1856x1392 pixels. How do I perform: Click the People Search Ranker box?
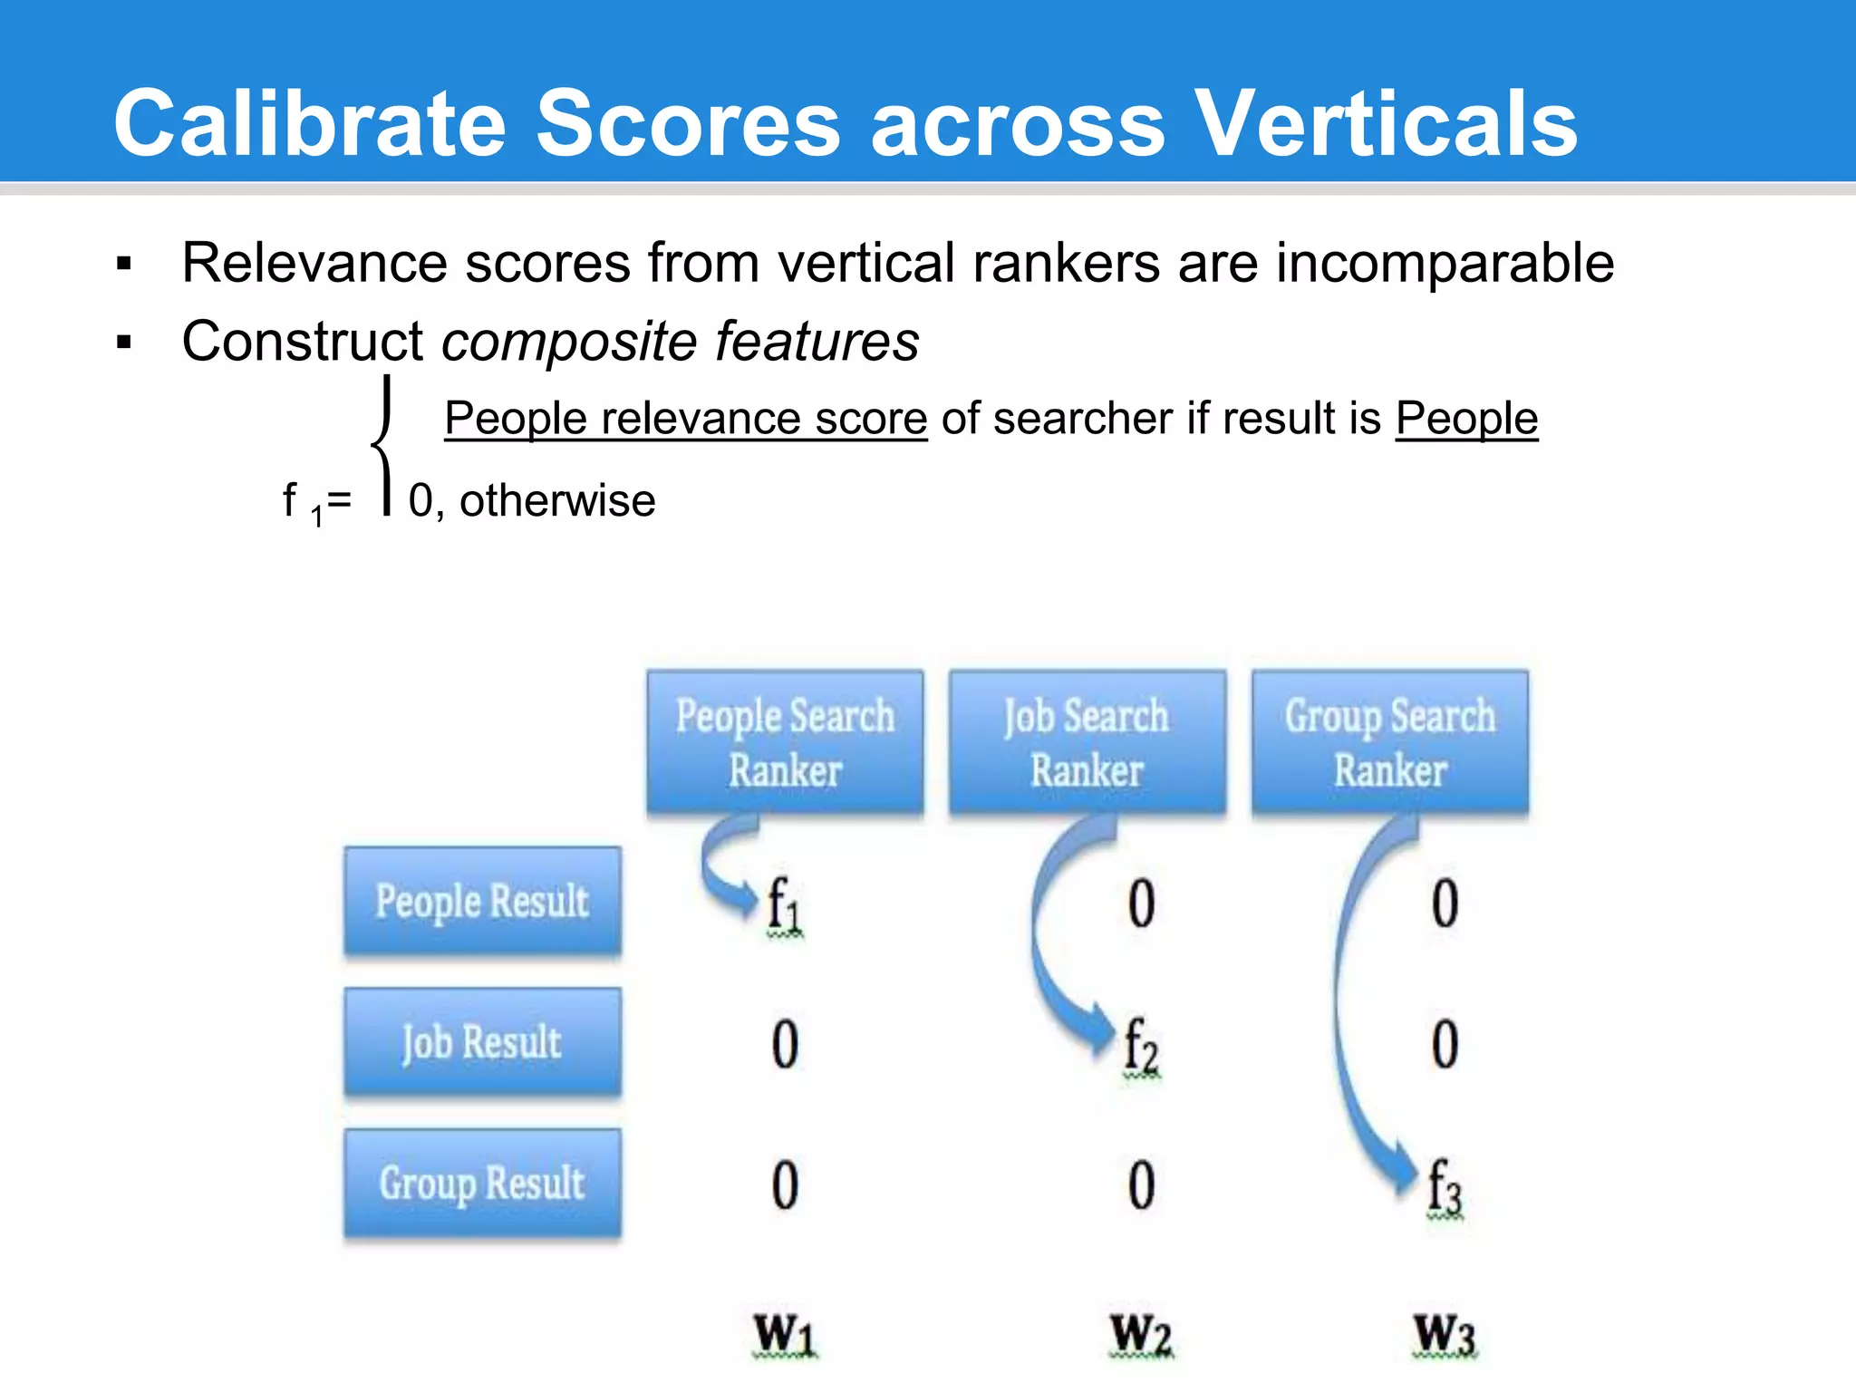(785, 742)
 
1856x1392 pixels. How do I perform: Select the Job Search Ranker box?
(1087, 742)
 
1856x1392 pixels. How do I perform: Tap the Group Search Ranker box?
(1389, 742)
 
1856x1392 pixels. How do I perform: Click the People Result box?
(482, 902)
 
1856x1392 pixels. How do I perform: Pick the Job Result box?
(482, 1042)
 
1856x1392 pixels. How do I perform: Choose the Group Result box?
(482, 1183)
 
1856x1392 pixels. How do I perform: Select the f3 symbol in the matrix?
(1445, 1186)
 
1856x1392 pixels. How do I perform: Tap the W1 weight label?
(785, 1335)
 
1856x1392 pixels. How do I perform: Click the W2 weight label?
(1141, 1335)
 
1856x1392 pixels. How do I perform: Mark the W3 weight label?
(1445, 1335)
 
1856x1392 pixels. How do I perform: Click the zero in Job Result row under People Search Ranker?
(785, 1044)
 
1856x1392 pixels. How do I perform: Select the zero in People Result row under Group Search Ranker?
(1445, 904)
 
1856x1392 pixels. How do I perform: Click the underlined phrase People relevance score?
(685, 419)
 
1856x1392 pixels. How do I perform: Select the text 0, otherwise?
(531, 501)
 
